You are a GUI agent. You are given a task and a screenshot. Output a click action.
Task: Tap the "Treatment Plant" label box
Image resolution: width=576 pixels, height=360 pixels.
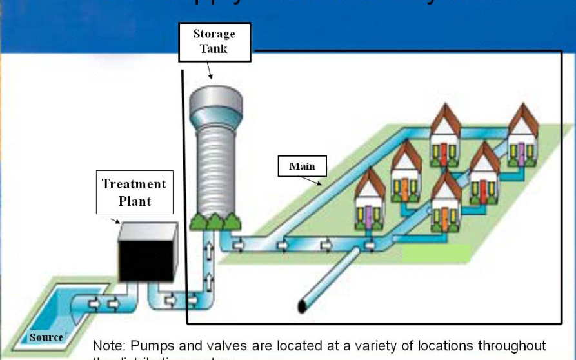coord(134,192)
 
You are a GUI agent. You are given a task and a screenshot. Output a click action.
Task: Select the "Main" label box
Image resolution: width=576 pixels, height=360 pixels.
coord(302,166)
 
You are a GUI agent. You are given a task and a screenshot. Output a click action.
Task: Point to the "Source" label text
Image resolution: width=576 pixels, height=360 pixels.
coord(46,337)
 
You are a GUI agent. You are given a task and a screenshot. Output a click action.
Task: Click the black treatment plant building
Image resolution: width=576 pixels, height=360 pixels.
coord(146,253)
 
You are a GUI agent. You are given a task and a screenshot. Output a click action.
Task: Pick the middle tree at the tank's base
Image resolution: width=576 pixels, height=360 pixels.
coord(215,221)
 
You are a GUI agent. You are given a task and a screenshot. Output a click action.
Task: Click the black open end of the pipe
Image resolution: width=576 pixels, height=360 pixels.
coord(302,305)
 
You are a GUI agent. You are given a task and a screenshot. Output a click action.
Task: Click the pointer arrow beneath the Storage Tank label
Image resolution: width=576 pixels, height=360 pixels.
coord(210,71)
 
